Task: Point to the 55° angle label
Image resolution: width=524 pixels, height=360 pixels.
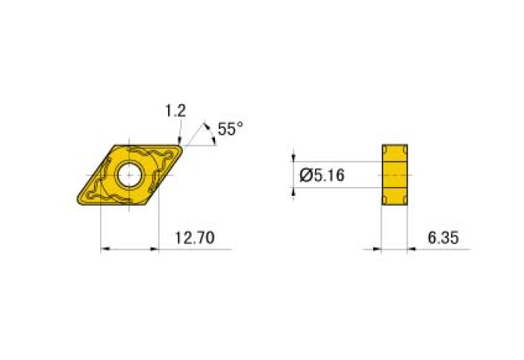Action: (230, 129)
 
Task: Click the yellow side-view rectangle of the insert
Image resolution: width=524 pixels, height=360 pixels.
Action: (396, 176)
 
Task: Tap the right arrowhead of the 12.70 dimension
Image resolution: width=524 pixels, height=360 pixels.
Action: (155, 250)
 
